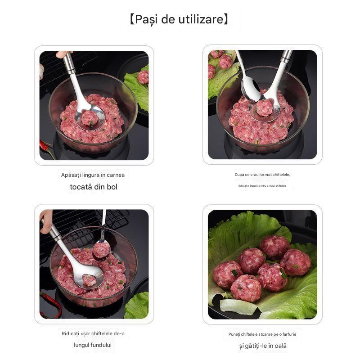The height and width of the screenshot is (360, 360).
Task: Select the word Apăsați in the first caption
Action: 71,175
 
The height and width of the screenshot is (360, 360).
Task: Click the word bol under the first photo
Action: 111,187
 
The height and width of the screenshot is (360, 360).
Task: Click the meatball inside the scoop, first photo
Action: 90,118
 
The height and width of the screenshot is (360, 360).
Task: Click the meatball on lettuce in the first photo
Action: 144,77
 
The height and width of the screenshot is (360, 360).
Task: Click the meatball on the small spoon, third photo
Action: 101,249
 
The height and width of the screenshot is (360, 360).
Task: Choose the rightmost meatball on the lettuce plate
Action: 295,262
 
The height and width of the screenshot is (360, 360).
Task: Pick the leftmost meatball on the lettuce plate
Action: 227,274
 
